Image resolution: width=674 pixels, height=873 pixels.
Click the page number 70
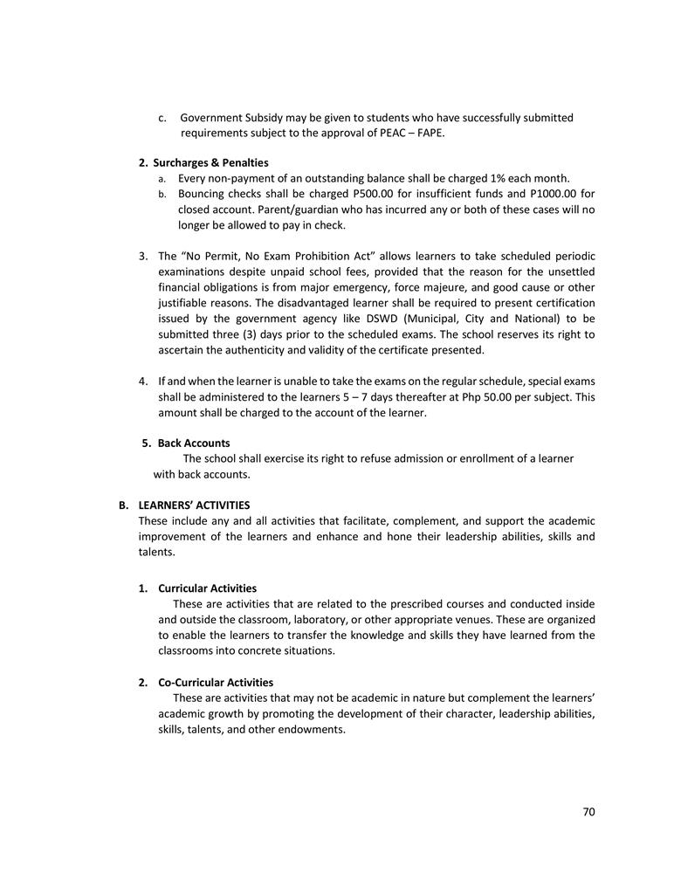click(x=588, y=812)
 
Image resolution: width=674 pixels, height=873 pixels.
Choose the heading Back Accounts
click(x=194, y=443)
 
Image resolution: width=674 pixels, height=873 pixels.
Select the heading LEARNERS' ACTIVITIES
click(x=194, y=505)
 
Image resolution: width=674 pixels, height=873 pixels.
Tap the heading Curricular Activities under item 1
click(x=207, y=588)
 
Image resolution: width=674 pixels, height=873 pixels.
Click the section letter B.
click(x=123, y=505)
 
